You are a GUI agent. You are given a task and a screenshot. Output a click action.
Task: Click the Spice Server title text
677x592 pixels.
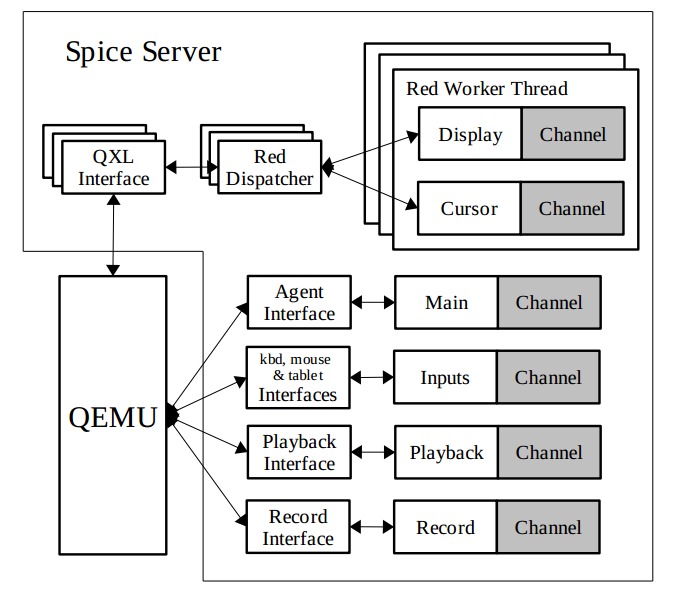(x=143, y=52)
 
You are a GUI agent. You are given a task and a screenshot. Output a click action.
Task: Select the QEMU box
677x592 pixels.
(x=113, y=415)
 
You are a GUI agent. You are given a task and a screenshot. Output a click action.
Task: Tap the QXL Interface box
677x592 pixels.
(x=114, y=168)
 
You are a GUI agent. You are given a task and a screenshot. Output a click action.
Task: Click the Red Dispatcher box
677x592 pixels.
(x=269, y=168)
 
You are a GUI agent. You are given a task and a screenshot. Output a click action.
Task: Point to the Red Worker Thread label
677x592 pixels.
(x=486, y=89)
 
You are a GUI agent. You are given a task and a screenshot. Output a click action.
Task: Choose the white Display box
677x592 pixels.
(x=470, y=134)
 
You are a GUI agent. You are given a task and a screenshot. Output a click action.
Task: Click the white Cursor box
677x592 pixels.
(x=468, y=208)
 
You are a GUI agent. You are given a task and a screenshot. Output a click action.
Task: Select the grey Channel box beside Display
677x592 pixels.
(x=573, y=134)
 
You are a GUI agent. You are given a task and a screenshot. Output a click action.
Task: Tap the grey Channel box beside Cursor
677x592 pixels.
(x=572, y=208)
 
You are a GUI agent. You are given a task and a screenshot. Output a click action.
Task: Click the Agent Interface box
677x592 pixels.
(x=299, y=302)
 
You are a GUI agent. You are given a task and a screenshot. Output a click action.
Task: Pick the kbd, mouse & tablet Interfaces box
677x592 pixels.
(x=298, y=377)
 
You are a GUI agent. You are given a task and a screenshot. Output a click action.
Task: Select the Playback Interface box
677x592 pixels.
(x=299, y=452)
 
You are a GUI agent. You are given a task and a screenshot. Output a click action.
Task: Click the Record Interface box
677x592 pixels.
(x=298, y=527)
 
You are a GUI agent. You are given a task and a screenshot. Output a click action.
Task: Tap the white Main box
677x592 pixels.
(x=446, y=302)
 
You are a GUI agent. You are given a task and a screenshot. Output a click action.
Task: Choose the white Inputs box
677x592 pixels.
(x=445, y=377)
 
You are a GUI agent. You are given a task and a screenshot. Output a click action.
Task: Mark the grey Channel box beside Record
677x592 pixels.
(x=549, y=527)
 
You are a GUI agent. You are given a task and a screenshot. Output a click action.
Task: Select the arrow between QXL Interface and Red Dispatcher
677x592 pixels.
(x=192, y=168)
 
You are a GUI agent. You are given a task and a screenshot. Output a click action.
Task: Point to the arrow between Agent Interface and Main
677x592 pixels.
(x=373, y=302)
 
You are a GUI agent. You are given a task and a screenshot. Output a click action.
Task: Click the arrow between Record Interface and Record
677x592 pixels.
(x=372, y=527)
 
